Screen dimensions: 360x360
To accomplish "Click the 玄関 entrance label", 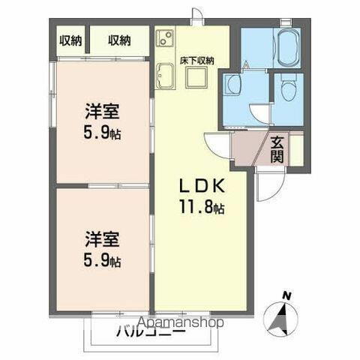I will (277, 149).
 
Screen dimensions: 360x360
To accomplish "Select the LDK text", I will (198, 186).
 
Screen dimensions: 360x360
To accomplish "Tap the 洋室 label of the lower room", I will (101, 241).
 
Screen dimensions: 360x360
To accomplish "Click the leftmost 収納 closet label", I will (70, 40).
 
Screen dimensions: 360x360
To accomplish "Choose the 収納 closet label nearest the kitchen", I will (118, 40).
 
